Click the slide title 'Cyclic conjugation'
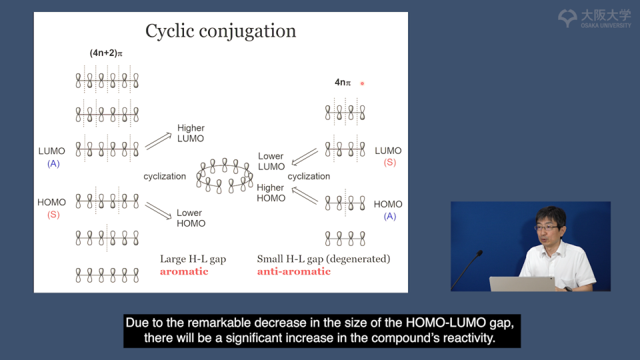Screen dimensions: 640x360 221,31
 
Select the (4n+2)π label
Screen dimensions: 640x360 106,53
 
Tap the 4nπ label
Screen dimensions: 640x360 343,83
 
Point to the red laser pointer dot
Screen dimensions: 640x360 362,84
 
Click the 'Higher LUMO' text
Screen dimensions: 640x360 191,133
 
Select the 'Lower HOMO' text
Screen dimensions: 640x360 191,219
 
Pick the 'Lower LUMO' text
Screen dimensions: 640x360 271,161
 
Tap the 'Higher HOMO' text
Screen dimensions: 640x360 271,193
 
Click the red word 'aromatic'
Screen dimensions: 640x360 184,272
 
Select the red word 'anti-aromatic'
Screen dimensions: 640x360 294,272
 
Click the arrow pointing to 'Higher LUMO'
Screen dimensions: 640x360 159,141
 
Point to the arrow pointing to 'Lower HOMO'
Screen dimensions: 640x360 159,211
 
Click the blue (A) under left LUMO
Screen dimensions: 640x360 53,164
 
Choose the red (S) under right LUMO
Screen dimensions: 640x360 390,163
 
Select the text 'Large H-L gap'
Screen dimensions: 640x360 193,259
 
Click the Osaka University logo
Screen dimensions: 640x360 594,19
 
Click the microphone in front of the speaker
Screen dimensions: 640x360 467,270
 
